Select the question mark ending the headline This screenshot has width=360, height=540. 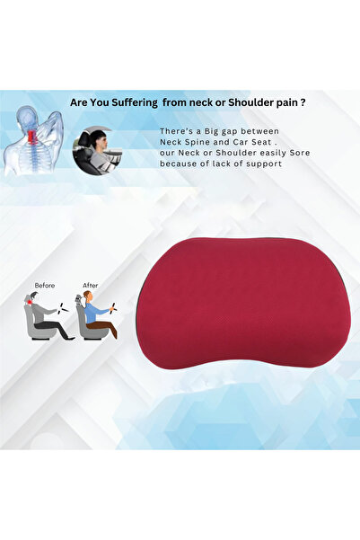click(x=303, y=103)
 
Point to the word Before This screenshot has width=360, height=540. click(x=45, y=285)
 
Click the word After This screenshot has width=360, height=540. click(x=91, y=285)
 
